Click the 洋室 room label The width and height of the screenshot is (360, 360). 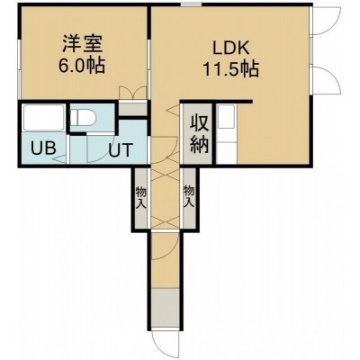pyautogui.click(x=83, y=44)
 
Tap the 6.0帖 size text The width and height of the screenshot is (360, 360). pyautogui.click(x=82, y=65)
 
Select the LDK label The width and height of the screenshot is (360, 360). pyautogui.click(x=231, y=48)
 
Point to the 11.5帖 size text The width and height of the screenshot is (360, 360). pyautogui.click(x=231, y=69)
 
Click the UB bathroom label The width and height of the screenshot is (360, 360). pyautogui.click(x=43, y=148)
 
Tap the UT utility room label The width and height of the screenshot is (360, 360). pyautogui.click(x=121, y=149)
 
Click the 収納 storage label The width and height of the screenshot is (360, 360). pyautogui.click(x=199, y=135)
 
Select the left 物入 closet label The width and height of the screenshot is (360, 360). pyautogui.click(x=140, y=197)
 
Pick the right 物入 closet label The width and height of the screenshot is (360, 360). pyautogui.click(x=189, y=196)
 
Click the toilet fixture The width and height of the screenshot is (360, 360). pyautogui.click(x=84, y=117)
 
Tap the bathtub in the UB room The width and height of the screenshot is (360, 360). pyautogui.click(x=43, y=117)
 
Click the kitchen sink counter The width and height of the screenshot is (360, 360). pyautogui.click(x=227, y=134)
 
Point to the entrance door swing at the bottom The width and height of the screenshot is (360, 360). pyautogui.click(x=166, y=345)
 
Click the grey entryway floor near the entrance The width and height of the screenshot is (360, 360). pyautogui.click(x=166, y=310)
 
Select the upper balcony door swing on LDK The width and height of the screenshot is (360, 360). pyautogui.click(x=326, y=21)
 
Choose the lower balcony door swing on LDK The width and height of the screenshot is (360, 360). pyautogui.click(x=326, y=80)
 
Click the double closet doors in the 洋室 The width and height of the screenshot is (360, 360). pyautogui.click(x=132, y=93)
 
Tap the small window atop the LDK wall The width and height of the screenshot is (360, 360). pyautogui.click(x=191, y=4)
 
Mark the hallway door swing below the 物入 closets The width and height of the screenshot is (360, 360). pyautogui.click(x=166, y=247)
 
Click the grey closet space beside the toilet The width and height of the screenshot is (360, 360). pyautogui.click(x=132, y=109)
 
